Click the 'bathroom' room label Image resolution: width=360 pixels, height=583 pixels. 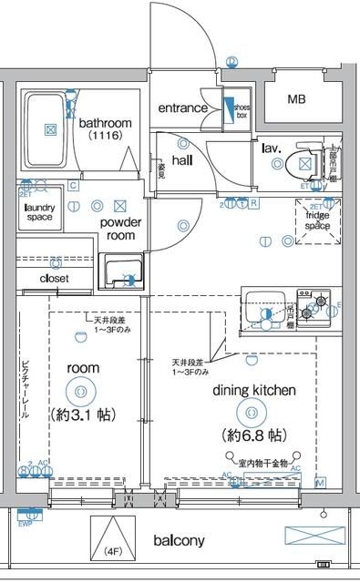click(105, 123)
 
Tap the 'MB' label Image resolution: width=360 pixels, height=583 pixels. click(297, 99)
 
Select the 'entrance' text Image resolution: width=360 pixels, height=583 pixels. click(183, 108)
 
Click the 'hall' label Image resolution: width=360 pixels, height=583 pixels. click(182, 160)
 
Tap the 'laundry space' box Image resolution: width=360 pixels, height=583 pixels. click(39, 212)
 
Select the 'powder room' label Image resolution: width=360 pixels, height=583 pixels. click(118, 229)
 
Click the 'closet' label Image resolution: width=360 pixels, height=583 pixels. click(54, 278)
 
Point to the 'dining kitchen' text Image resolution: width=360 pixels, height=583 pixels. click(254, 390)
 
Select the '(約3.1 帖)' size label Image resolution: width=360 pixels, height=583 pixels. click(81, 414)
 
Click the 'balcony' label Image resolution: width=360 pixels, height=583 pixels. click(179, 540)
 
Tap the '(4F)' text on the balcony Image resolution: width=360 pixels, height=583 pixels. click(111, 550)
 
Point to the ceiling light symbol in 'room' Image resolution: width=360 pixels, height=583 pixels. click(81, 391)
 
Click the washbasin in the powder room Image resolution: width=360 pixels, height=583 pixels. click(119, 273)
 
